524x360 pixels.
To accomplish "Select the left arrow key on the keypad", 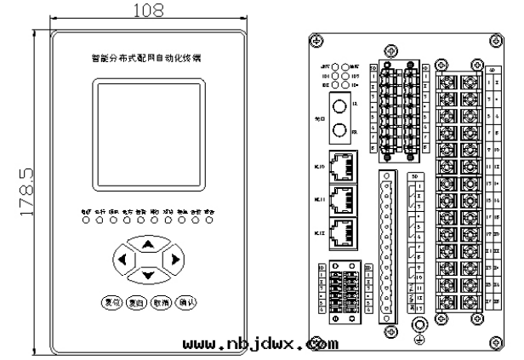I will coord(123,259).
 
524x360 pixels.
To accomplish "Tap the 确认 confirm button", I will coord(186,303).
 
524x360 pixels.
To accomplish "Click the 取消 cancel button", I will coord(162,303).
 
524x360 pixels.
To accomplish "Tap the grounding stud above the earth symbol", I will coord(419,325).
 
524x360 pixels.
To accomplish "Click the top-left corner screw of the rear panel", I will coord(316,41).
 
